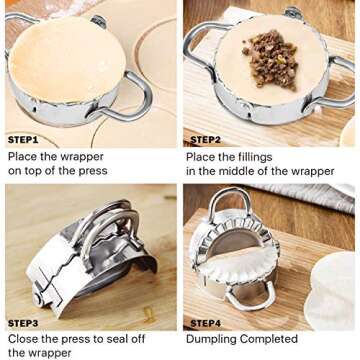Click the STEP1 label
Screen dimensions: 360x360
(23, 140)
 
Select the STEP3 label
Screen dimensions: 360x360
(23, 323)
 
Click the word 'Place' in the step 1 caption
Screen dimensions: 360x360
(24, 157)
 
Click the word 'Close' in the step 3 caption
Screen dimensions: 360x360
(24, 339)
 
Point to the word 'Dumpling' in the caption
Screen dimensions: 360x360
(213, 339)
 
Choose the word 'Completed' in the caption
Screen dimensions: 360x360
(270, 339)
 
